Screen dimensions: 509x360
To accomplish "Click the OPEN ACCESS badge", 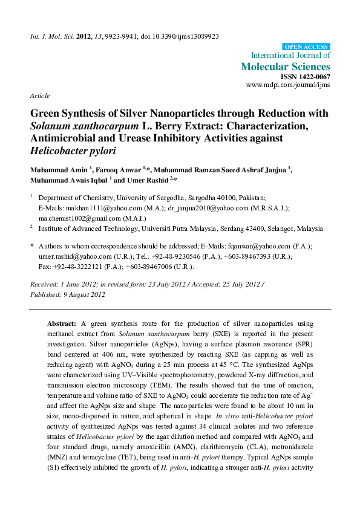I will [307, 47].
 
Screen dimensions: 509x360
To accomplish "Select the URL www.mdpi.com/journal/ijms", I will [288, 86].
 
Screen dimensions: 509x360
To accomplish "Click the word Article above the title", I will [39, 96].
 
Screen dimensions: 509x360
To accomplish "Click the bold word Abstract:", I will [62, 323].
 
